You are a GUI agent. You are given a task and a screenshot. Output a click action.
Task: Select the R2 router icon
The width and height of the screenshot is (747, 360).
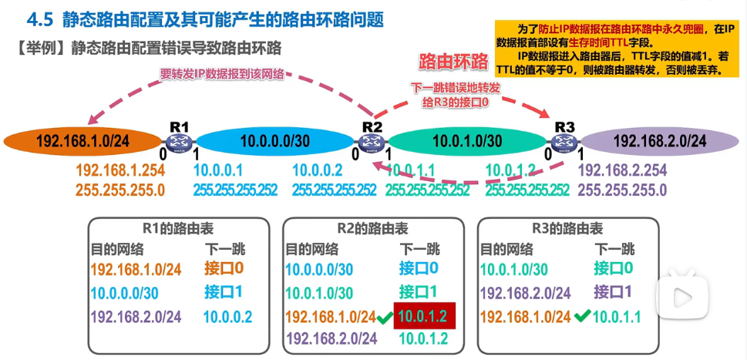[x=372, y=140]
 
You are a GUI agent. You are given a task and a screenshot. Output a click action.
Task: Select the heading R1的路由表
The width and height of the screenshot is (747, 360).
[x=178, y=229]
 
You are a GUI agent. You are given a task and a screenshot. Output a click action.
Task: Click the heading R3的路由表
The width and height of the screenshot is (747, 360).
[x=567, y=229]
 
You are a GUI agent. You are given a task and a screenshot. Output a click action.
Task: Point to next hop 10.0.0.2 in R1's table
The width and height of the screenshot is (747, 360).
[x=227, y=316]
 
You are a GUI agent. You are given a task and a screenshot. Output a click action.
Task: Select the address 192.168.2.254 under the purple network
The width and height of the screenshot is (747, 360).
[x=622, y=170]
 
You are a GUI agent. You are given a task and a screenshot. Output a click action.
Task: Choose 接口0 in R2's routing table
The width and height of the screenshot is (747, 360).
[x=419, y=268]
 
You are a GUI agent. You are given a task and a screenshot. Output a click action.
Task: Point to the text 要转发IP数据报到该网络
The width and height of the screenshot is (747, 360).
[x=221, y=74]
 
